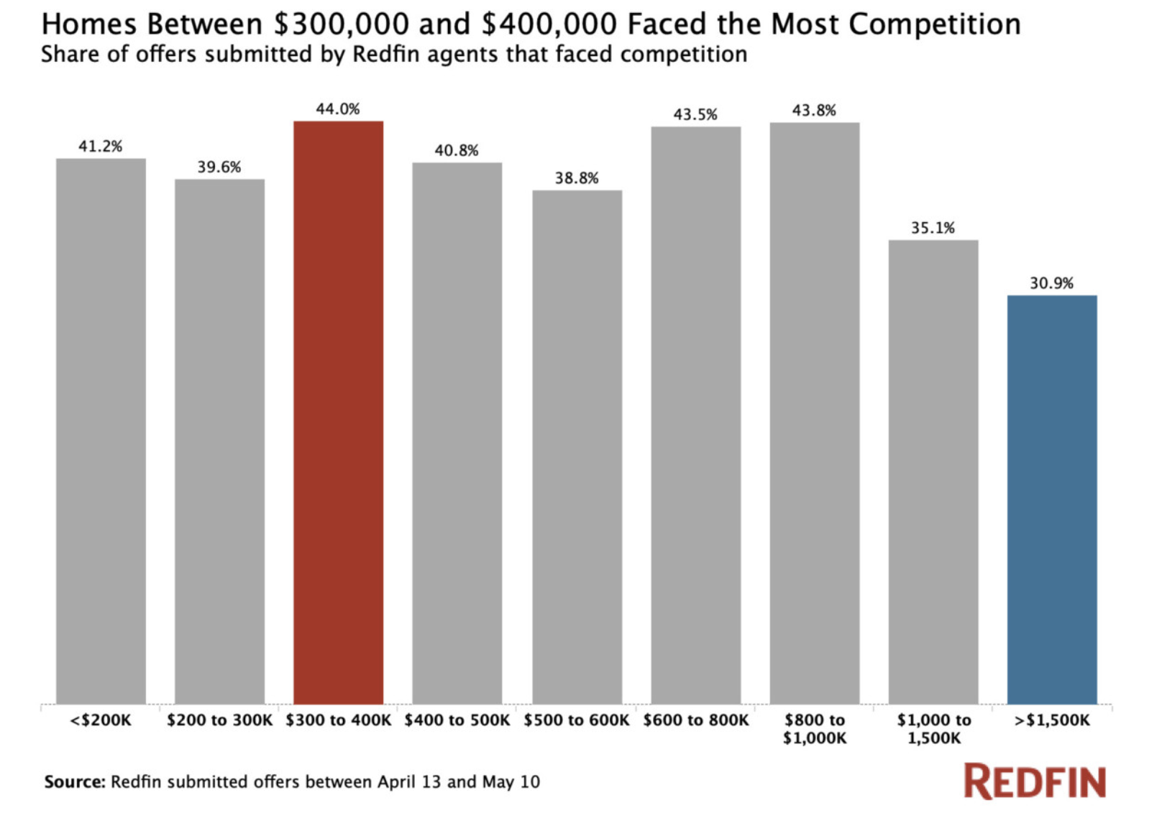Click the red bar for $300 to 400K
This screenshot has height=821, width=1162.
pos(338,413)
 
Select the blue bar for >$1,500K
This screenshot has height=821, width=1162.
pos(1051,500)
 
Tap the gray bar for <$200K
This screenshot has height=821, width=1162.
pos(101,431)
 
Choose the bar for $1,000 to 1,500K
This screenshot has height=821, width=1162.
pos(933,472)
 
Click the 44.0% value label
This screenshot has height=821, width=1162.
pos(338,109)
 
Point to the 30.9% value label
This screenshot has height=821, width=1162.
pos(1051,283)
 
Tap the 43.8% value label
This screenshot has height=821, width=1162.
pos(814,111)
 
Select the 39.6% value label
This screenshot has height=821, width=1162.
pos(219,168)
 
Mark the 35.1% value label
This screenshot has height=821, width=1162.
pos(933,229)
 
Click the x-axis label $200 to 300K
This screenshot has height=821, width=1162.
pos(219,720)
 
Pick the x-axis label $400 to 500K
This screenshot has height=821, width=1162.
pos(457,720)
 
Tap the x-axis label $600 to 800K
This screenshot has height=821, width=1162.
pos(695,720)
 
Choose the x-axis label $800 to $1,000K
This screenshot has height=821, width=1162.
pos(814,729)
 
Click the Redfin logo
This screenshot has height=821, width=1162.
pos(1034,782)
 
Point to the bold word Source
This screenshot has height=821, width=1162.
pos(75,782)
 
